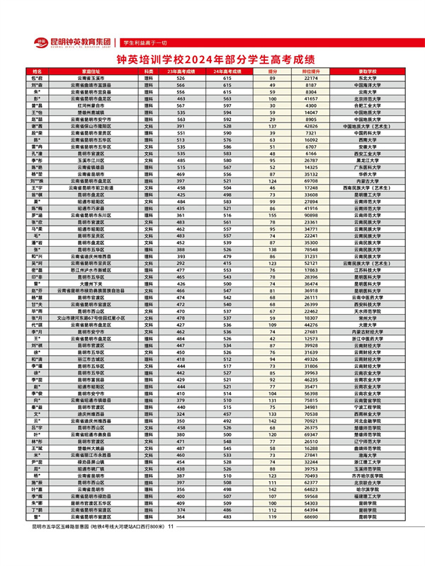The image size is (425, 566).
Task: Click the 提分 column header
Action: [x=273, y=72]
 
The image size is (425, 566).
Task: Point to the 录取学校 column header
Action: [x=366, y=72]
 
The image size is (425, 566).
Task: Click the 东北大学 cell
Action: [x=366, y=79]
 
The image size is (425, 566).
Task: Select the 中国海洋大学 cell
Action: [x=366, y=86]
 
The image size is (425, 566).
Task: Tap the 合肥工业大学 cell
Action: [x=366, y=105]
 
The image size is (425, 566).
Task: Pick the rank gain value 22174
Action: [x=312, y=79]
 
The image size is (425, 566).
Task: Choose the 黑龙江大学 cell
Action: [x=366, y=160]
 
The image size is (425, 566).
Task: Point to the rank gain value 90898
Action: [x=312, y=214]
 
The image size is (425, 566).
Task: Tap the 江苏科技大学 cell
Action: [x=366, y=270]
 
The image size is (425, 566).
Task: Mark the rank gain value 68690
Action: [x=312, y=536]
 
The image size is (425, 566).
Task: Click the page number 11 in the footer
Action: [x=171, y=545]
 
